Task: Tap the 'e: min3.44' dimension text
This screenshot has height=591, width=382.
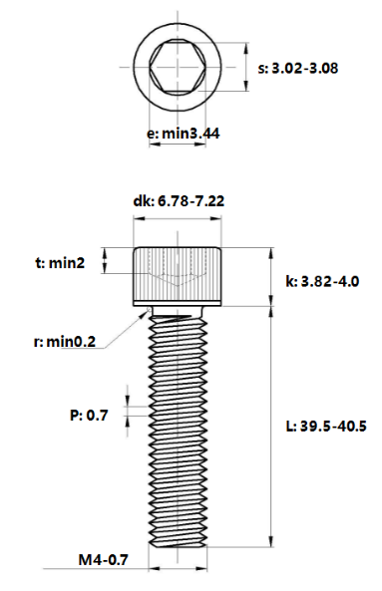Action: point(183,133)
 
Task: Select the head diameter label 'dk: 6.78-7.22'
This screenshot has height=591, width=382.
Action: point(178,201)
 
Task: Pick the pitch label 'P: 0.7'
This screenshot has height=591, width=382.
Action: point(89,413)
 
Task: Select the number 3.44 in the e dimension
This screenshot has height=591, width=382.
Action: point(203,133)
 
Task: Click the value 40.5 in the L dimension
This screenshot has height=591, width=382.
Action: point(350,426)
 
